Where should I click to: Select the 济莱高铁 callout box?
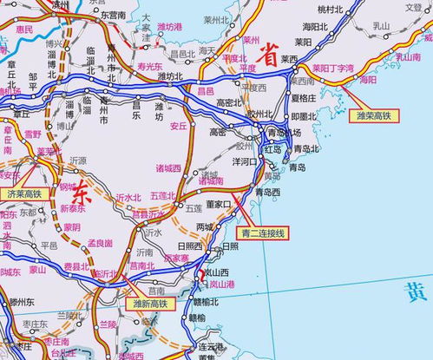[x=24, y=193]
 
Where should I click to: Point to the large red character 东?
[x=82, y=187]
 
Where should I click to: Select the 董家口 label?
[x=219, y=206]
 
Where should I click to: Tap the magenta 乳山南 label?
[x=407, y=57]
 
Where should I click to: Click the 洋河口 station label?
[x=245, y=160]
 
